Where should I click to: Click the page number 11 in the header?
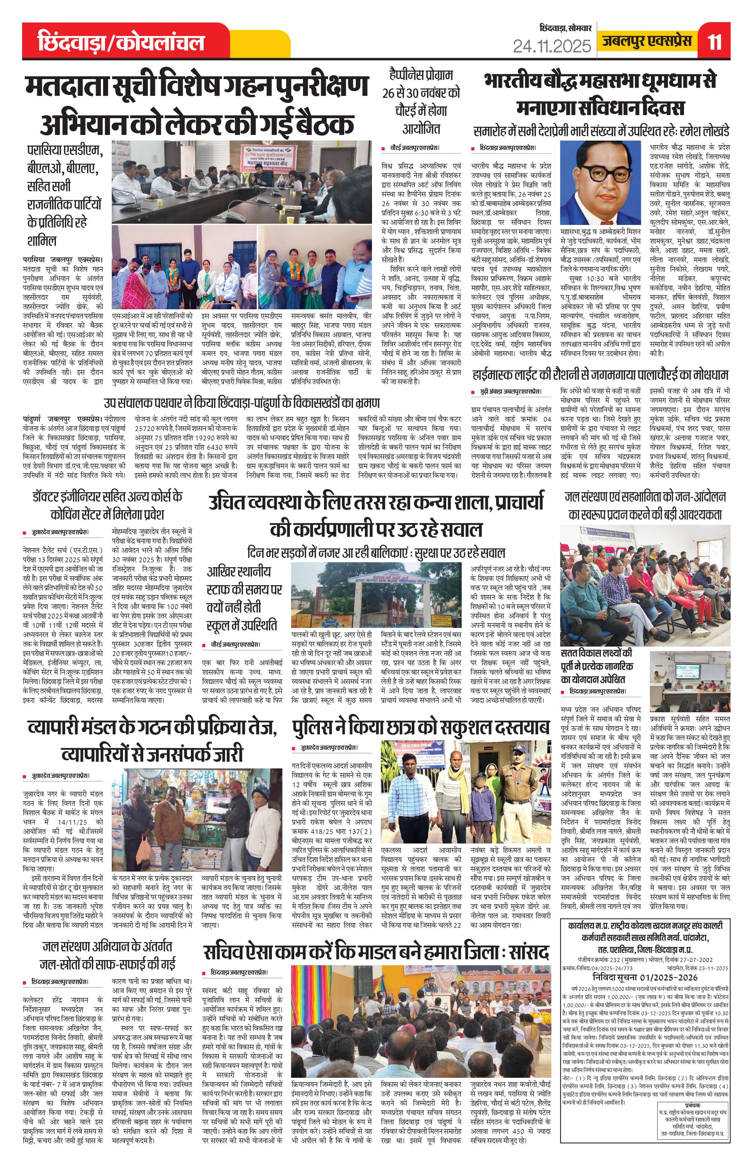click(x=714, y=42)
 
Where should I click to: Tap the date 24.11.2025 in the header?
click(x=552, y=46)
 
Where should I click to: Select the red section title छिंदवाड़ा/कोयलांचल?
click(x=121, y=42)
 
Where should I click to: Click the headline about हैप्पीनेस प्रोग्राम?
click(x=421, y=102)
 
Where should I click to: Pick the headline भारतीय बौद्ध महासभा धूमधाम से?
click(x=600, y=81)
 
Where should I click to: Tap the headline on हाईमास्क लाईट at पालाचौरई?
click(x=600, y=375)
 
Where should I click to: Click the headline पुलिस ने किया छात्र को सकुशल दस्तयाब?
click(x=421, y=728)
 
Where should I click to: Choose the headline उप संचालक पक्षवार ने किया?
click(x=241, y=404)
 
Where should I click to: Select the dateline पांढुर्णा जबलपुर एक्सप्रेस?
click(x=63, y=419)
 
